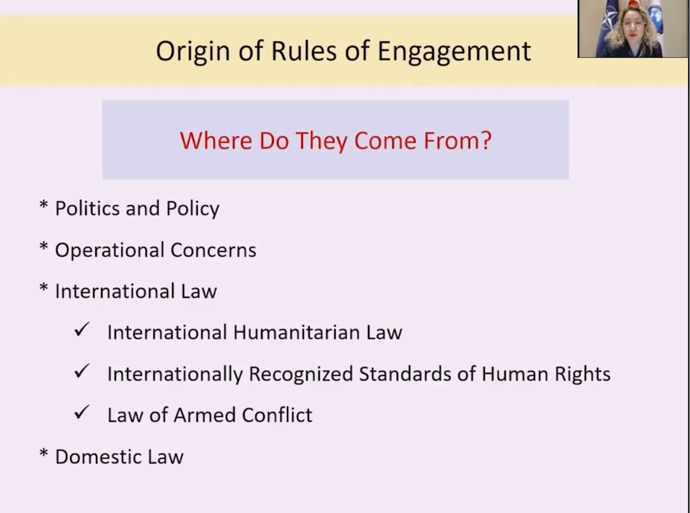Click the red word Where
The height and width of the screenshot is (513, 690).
[216, 140]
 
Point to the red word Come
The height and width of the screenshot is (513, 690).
[385, 141]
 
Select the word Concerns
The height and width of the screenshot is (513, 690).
[213, 250]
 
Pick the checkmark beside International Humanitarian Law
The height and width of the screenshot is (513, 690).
[82, 330]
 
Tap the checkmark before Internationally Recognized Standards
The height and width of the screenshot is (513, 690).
[82, 371]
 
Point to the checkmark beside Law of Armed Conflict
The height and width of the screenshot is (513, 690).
[82, 413]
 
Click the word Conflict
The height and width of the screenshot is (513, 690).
[277, 415]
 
